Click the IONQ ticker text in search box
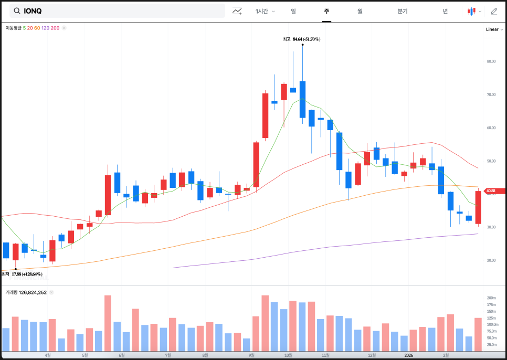coord(33,11)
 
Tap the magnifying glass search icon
coord(17,11)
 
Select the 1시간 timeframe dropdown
coord(265,11)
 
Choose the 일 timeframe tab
coord(293,11)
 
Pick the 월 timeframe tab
coord(360,11)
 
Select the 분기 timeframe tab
coord(403,11)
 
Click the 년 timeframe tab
coord(445,11)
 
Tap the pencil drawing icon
coord(494,11)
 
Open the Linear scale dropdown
coord(494,29)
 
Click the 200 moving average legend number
coord(55,28)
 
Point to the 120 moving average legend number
coord(45,28)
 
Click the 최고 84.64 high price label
coord(301,39)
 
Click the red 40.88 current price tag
coord(494,190)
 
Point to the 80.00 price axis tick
coord(491,61)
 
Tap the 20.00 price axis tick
coord(491,260)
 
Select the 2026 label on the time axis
coord(409,355)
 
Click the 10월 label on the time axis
coord(288,355)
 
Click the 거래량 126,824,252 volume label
coord(26,292)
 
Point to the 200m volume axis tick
coord(492,298)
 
